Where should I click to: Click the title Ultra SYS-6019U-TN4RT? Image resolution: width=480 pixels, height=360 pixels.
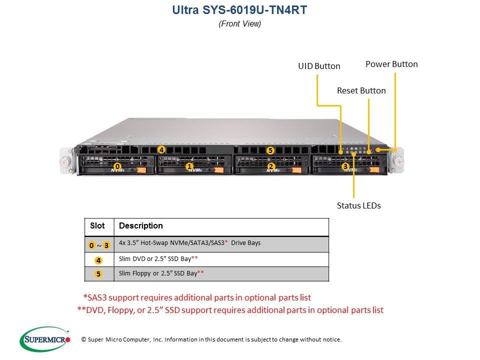(x=239, y=9)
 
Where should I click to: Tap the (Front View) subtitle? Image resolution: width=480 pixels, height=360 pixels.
(x=239, y=23)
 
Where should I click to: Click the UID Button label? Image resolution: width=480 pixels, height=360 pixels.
(x=319, y=66)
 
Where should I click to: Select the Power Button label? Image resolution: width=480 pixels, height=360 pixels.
(x=391, y=64)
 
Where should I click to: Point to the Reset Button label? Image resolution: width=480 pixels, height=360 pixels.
(x=361, y=90)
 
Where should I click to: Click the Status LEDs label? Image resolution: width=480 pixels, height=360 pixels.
(x=358, y=205)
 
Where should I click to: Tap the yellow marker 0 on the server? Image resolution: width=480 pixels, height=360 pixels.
(x=117, y=166)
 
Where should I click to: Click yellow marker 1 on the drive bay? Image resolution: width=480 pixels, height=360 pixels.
(x=189, y=166)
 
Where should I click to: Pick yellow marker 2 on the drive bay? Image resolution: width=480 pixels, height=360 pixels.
(x=271, y=166)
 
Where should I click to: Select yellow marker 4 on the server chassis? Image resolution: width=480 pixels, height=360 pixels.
(x=161, y=149)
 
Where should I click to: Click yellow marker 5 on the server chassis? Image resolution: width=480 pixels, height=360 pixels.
(x=270, y=150)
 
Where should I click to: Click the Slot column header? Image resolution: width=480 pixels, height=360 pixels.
(x=97, y=226)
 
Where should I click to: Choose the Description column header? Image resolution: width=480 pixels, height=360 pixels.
(x=140, y=226)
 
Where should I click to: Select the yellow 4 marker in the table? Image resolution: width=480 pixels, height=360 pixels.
(x=98, y=260)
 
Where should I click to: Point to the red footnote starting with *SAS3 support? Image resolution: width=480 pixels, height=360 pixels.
(x=197, y=297)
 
